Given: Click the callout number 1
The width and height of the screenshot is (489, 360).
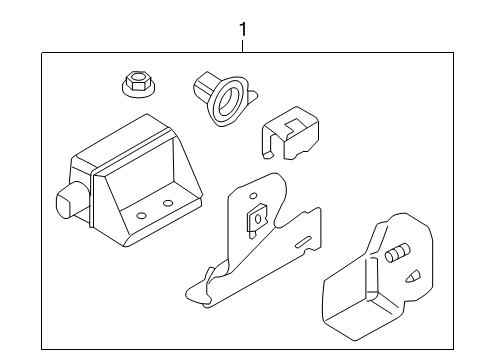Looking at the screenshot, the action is point(243,29).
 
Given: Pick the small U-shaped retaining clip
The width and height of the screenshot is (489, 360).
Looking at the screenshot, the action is point(290,133).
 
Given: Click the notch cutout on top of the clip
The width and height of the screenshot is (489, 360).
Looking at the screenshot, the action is point(293,126).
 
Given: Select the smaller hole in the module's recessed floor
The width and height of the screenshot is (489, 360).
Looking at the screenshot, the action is point(141,215).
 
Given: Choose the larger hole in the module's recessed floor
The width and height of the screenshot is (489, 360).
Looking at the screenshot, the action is point(168,203).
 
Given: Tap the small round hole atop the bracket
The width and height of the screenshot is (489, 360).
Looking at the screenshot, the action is point(253,195).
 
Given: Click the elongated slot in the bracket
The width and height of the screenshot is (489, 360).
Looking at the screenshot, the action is point(303,242).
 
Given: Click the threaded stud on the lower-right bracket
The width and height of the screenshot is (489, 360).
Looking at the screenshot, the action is point(397,252).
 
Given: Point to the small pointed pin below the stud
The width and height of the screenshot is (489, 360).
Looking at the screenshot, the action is point(413,277).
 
